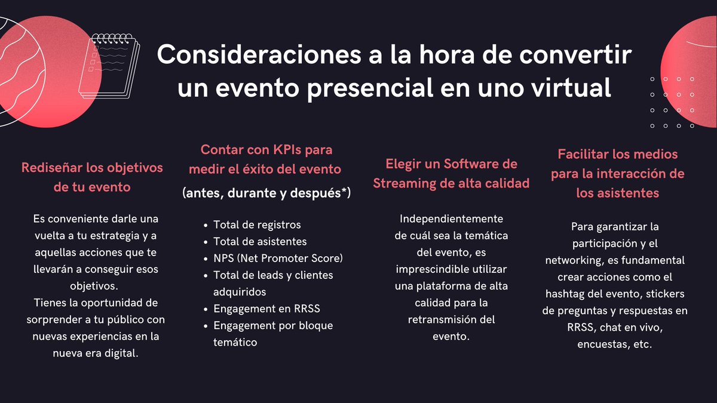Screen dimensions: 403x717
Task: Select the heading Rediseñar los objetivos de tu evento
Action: point(92,177)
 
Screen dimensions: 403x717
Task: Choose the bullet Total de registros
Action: point(257,224)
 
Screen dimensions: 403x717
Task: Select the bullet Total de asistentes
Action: point(260,241)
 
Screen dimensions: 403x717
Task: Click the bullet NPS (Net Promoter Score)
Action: point(278,258)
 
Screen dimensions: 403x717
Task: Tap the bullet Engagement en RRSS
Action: point(266,309)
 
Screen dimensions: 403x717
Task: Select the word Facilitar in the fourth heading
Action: point(583,154)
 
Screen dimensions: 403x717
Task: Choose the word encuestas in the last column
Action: point(601,344)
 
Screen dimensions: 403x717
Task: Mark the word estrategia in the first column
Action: point(109,235)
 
